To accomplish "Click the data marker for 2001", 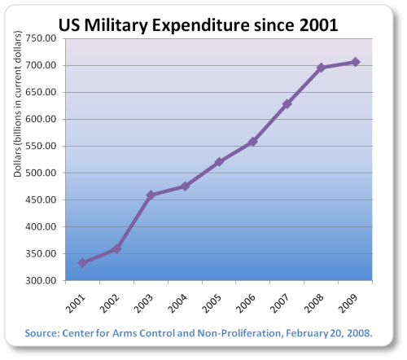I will tap(83, 263).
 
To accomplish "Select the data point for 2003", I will tap(151, 195).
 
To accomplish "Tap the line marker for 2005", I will tap(219, 162).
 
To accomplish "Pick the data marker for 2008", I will tap(321, 68).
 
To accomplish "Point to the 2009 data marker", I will tap(355, 62).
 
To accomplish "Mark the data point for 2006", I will tap(252, 142).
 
